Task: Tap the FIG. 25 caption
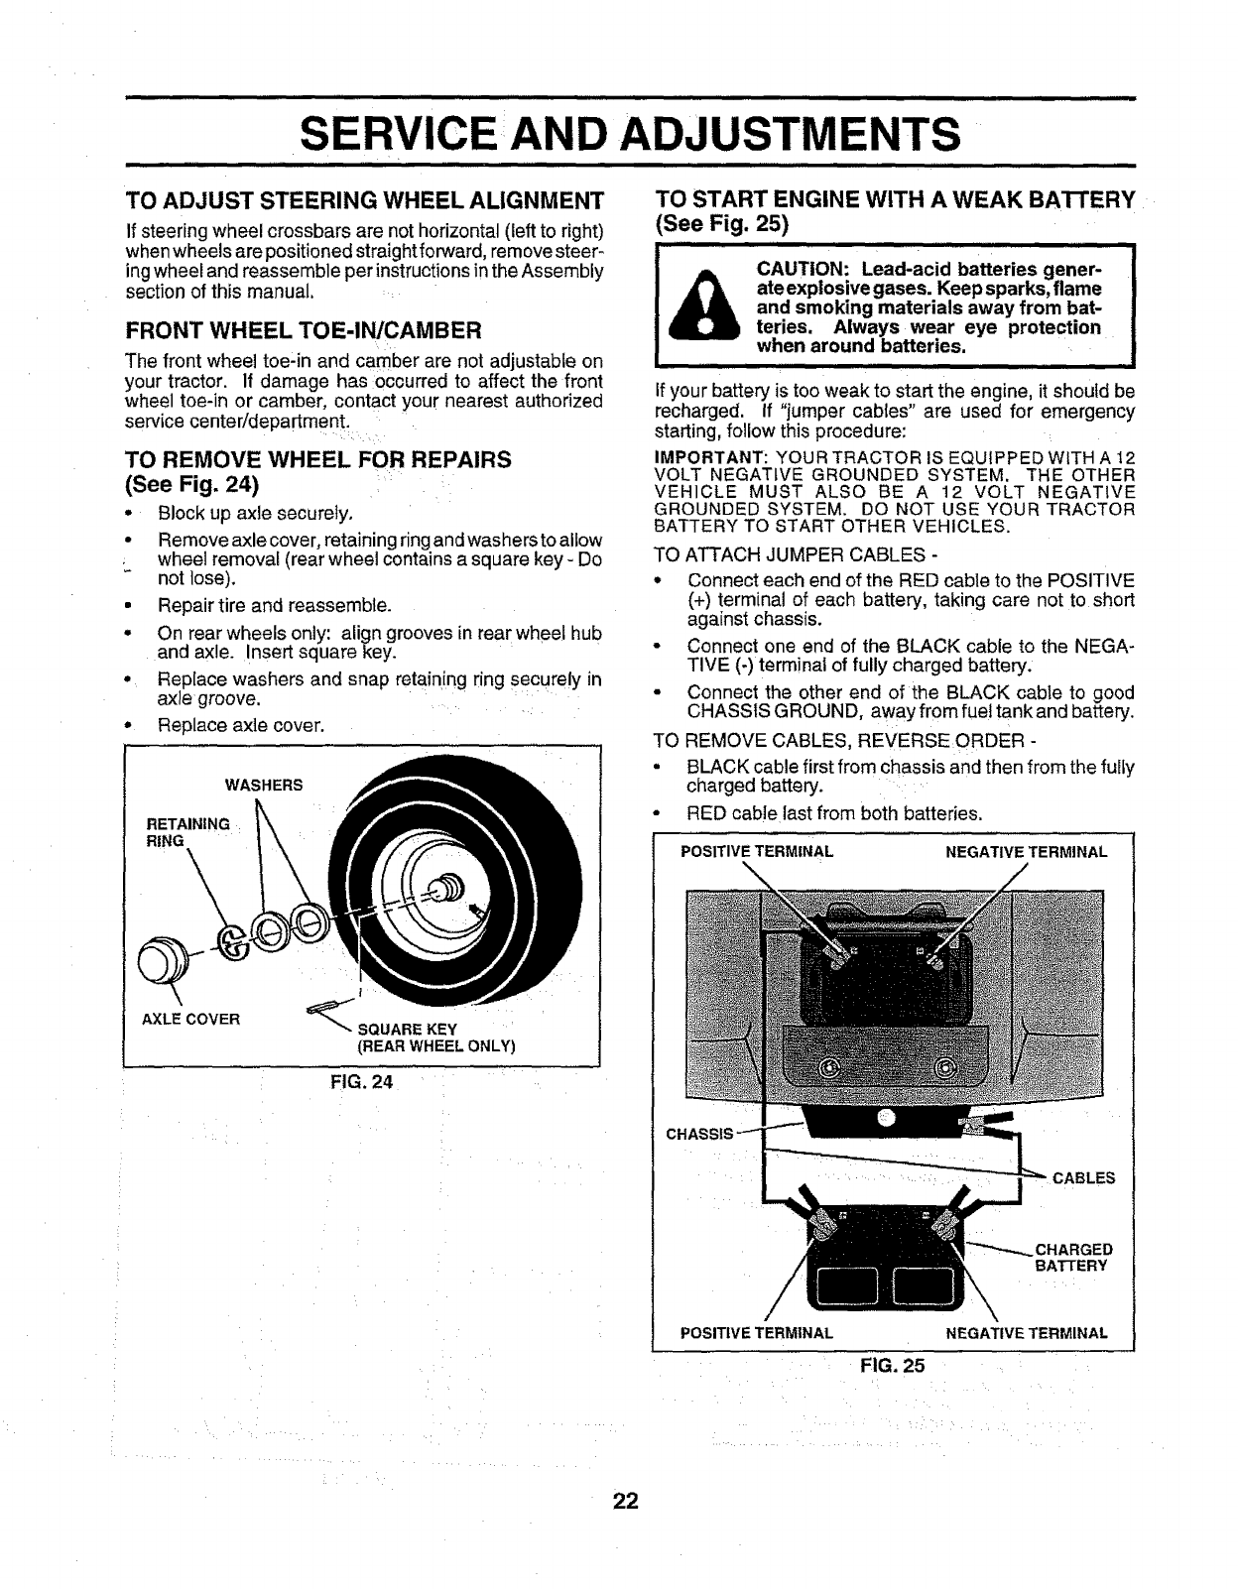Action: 892,1366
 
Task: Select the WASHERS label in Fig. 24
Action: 264,786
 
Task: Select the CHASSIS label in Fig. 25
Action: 698,1133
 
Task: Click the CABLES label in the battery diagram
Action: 1083,1178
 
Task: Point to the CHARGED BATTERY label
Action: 1073,1257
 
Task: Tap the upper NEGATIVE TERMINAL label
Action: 1026,852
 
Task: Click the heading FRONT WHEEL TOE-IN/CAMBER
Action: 304,328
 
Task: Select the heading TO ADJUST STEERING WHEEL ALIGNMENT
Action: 364,201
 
